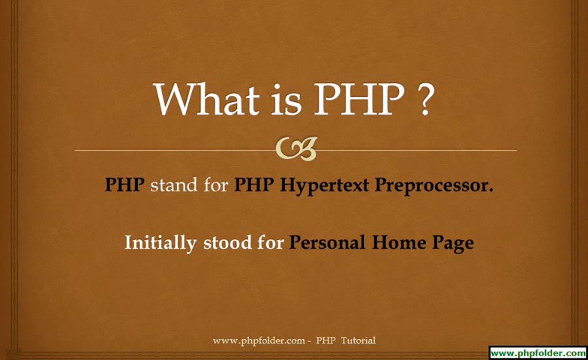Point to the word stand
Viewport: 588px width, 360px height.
coord(174,185)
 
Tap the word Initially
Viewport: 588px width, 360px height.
coord(160,243)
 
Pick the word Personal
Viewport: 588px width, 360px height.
coord(328,243)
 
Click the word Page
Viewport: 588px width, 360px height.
coord(451,244)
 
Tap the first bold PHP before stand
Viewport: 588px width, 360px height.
coord(125,185)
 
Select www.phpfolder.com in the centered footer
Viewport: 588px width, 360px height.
coord(259,341)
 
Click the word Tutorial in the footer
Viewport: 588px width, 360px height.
coord(358,341)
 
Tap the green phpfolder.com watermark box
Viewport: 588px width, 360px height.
coord(538,352)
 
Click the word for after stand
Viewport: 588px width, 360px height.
coord(216,185)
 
